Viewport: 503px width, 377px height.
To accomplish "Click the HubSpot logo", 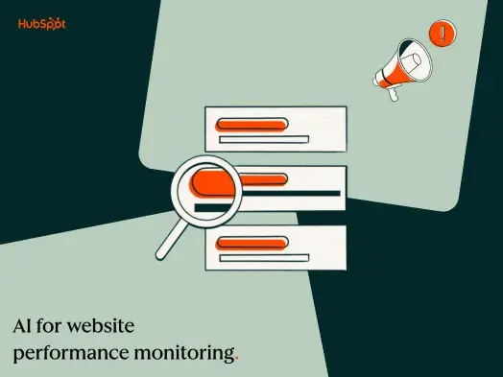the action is coord(41,24).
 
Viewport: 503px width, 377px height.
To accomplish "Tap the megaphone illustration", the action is coord(402,66).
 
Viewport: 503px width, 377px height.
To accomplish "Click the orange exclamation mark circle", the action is coord(442,33).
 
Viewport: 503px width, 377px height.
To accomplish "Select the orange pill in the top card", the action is coord(251,124).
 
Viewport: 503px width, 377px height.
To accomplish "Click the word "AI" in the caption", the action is coord(24,325).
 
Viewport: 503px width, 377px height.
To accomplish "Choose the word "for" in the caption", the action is coord(60,325).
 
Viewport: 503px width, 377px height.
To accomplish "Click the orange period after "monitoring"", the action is coord(237,359).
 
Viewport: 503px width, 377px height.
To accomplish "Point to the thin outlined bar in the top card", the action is coord(263,140).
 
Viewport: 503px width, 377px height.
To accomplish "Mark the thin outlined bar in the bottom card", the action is coord(263,257).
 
